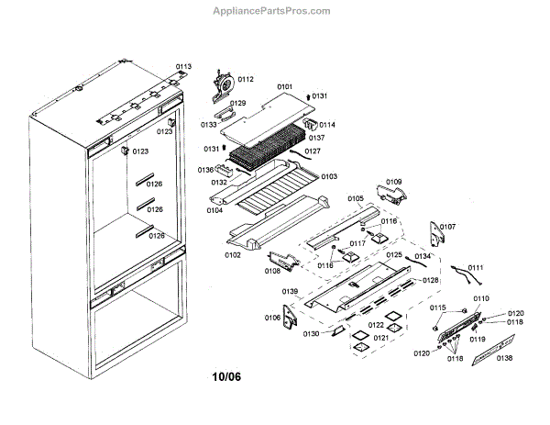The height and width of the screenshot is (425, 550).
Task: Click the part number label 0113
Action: click(184, 67)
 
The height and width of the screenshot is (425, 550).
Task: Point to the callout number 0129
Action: click(237, 104)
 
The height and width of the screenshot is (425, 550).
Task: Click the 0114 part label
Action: click(327, 125)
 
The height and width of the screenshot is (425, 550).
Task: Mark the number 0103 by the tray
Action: click(328, 176)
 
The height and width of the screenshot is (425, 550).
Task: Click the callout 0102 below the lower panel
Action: click(234, 254)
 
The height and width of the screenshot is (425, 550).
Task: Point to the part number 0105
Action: click(356, 198)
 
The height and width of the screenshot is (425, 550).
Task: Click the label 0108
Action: click(273, 271)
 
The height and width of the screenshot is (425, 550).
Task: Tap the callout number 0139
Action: click(290, 291)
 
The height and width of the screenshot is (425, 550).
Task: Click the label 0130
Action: click(311, 333)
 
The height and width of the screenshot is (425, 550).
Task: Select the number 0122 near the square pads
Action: click(377, 325)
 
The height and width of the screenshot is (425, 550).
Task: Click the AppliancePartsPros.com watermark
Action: click(274, 11)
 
